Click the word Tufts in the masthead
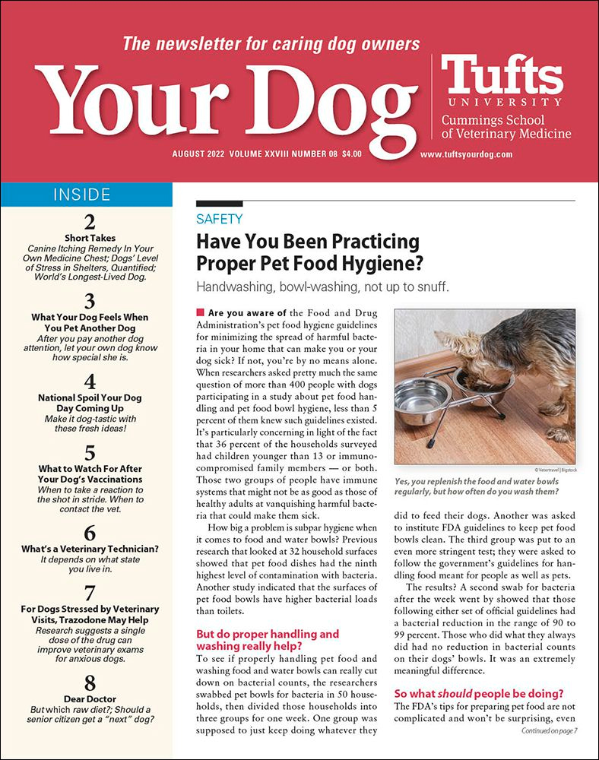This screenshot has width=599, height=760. (502, 76)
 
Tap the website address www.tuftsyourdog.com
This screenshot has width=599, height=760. (466, 154)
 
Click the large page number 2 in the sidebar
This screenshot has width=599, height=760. (90, 222)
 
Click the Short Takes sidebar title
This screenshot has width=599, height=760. (90, 238)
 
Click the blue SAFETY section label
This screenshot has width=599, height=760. (219, 220)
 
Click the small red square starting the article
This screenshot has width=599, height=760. (200, 312)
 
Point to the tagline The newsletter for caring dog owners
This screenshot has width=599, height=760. (271, 43)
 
